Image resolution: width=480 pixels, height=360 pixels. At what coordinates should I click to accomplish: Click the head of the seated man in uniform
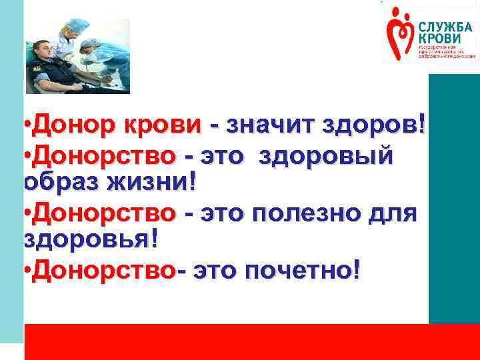[x=43, y=50]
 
